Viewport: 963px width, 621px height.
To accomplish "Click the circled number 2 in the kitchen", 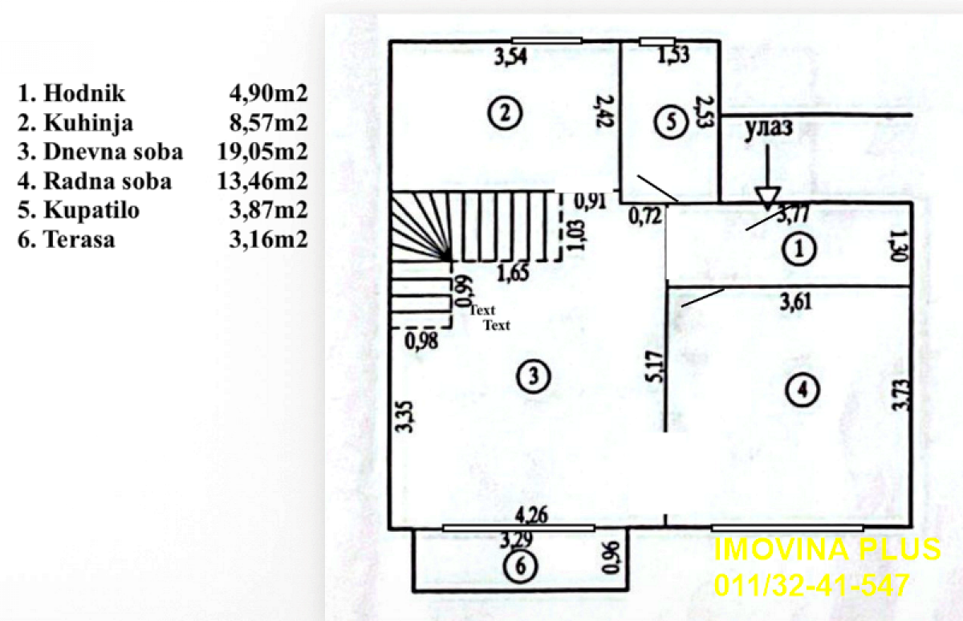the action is coord(505,113).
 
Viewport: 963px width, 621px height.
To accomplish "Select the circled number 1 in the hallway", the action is coord(799,250).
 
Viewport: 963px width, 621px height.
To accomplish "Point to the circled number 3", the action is coord(534,376).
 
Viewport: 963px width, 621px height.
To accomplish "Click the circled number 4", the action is coord(802,390).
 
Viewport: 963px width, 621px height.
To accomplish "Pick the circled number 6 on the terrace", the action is coord(520,566).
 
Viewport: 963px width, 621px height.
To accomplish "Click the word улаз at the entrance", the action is coord(768,128).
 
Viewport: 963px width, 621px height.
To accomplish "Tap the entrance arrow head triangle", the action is coord(768,198).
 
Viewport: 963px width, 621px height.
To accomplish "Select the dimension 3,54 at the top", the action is coord(510,57).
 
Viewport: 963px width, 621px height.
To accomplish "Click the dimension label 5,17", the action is coord(655,367).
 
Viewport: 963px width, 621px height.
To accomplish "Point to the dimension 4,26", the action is coord(532,515).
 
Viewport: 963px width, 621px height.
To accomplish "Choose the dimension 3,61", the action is coord(796,302).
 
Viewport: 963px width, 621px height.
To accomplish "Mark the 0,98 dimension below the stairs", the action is coord(422,341).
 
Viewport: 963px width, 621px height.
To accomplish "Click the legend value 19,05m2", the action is coord(262,152).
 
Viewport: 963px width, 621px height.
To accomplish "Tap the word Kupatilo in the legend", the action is coord(91,210).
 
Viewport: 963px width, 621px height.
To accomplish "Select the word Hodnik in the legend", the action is coord(84,93).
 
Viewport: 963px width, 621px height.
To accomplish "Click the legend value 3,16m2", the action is coord(269,239).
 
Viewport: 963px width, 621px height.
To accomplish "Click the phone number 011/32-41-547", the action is coord(811,584).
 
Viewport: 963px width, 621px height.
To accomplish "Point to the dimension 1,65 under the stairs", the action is coord(513,273).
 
